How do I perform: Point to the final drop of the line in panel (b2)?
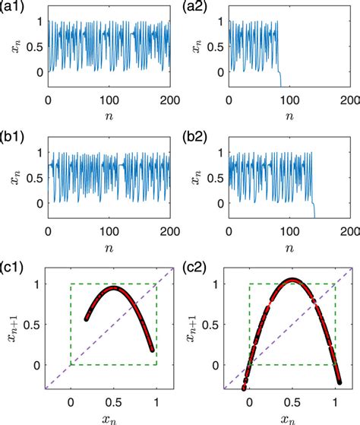pos(314,208)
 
